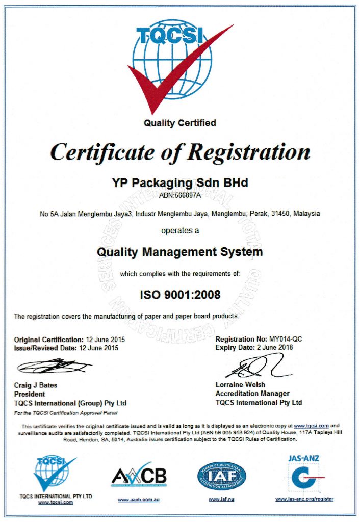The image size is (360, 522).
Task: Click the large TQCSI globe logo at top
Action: (x=173, y=64)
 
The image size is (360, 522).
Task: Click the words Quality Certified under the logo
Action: (x=179, y=123)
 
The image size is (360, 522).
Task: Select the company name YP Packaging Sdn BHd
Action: (x=179, y=182)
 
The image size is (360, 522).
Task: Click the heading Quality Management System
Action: (x=179, y=252)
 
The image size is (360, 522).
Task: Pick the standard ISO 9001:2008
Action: (x=180, y=294)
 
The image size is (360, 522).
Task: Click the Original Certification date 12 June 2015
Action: (x=105, y=339)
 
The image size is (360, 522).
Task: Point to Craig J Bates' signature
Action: (x=54, y=366)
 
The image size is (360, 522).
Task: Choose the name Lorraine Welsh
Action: (x=240, y=385)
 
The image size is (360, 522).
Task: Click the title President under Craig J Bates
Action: (x=30, y=394)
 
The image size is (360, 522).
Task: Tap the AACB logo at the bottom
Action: (x=139, y=476)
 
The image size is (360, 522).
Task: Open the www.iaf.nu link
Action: (x=221, y=499)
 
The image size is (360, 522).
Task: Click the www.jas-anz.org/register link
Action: (x=304, y=499)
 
